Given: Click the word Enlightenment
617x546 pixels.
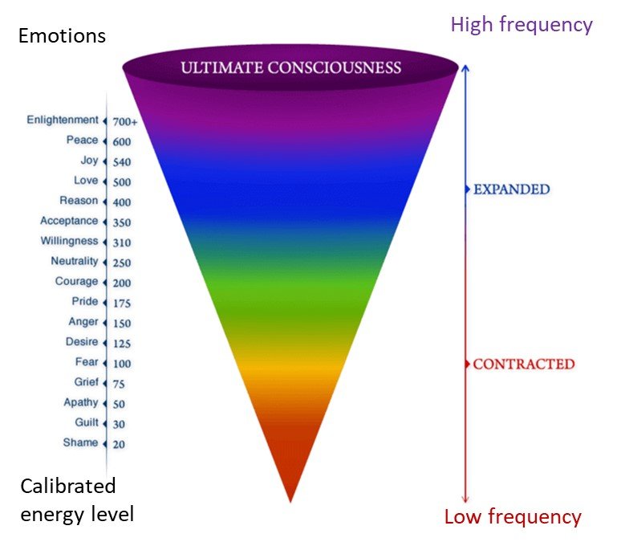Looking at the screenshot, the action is [63, 120].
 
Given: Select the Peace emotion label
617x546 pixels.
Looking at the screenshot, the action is [83, 140].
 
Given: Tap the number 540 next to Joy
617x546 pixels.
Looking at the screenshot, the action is [122, 162].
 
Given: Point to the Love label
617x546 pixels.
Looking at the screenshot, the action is [86, 181].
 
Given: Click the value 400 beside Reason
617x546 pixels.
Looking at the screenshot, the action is [122, 202].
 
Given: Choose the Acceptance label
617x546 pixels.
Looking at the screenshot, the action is [69, 221].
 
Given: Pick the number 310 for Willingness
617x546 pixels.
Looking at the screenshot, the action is [122, 242].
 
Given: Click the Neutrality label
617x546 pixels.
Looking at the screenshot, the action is [75, 261].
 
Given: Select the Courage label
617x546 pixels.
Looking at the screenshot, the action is [76, 281].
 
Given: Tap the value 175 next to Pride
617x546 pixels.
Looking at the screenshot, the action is [122, 304].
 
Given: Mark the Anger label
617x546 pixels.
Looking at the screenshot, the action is [83, 322].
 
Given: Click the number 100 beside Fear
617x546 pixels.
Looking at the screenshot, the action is [122, 364].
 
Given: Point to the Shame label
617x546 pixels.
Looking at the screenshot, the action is [80, 442].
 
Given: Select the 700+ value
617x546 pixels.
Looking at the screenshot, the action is [125, 122].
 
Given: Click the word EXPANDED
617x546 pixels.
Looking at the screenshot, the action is [512, 189].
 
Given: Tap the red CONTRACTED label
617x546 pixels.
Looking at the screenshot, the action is [524, 364].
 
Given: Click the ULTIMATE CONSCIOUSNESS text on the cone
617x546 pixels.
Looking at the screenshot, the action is [290, 67].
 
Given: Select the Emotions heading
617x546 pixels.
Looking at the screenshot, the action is [62, 36].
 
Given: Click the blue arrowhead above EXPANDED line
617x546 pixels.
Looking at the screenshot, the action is [465, 68].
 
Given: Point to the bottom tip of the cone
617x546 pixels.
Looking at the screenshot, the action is [290, 502].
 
